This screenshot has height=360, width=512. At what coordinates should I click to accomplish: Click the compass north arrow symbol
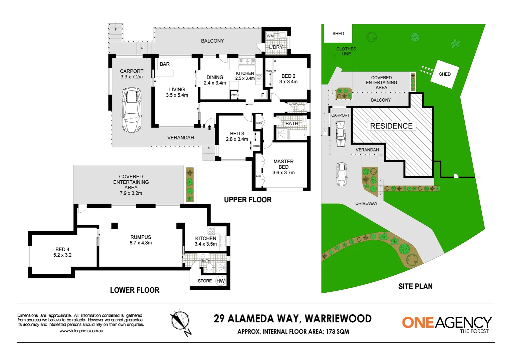[180, 322]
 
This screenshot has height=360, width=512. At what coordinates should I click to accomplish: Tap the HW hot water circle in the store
[220, 281]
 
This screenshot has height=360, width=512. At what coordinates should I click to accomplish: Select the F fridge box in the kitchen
[263, 95]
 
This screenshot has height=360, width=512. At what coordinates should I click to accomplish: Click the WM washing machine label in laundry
[270, 36]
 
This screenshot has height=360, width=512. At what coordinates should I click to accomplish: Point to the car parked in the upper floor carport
[131, 110]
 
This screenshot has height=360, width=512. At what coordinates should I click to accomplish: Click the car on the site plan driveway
[342, 174]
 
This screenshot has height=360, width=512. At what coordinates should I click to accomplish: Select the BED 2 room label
[288, 79]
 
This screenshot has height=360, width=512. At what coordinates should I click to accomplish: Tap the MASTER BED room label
[284, 167]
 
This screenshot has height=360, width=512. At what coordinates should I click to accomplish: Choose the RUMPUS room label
[140, 240]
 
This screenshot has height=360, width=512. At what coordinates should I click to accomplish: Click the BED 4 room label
[62, 252]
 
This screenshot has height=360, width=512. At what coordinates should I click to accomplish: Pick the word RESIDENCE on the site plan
[391, 126]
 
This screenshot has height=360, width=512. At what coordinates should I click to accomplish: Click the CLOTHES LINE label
[346, 51]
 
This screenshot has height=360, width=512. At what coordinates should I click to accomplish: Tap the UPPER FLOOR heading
[247, 200]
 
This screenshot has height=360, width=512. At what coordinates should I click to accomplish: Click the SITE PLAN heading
[415, 286]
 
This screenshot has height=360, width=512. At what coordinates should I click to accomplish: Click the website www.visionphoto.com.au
[81, 331]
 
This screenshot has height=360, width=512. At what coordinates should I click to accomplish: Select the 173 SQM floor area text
[337, 332]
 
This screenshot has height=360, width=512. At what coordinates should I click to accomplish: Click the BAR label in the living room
[164, 64]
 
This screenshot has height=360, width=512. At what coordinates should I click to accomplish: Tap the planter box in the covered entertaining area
[189, 185]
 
